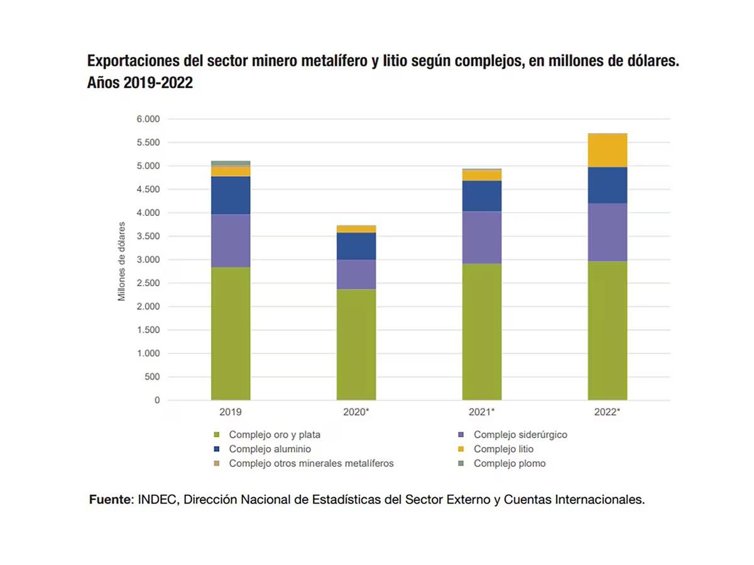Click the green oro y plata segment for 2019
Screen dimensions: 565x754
[x=231, y=333]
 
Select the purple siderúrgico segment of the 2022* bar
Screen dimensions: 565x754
[x=607, y=232]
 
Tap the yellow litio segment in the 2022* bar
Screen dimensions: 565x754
[x=607, y=151]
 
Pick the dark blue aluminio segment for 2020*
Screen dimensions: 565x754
[x=356, y=246]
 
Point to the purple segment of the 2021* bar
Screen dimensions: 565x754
[x=481, y=237]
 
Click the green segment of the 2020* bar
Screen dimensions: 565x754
[x=356, y=345]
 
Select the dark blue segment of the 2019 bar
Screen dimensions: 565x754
[x=231, y=195]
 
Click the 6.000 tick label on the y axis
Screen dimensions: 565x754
[x=148, y=119]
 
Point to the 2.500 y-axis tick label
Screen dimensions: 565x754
[x=148, y=283]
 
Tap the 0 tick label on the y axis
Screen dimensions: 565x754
[x=157, y=400]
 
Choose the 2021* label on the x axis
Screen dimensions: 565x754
[x=481, y=412]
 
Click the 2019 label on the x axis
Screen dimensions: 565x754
[x=231, y=412]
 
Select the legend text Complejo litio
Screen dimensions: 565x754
[x=503, y=449]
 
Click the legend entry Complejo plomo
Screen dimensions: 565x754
[x=510, y=463]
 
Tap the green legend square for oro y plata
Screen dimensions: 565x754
[x=217, y=434]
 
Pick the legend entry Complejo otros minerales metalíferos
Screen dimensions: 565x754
[x=311, y=463]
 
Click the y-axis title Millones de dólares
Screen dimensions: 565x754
[x=122, y=261]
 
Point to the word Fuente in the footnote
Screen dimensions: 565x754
[x=111, y=500]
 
